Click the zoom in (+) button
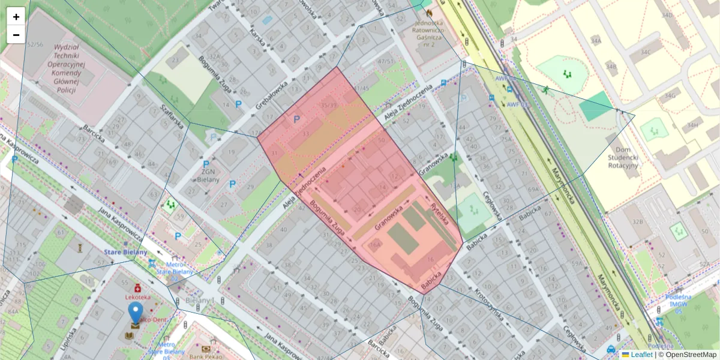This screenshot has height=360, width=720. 16,16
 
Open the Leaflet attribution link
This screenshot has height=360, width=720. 641,355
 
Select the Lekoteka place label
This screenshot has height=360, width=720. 138,296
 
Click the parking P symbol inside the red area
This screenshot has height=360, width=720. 296,119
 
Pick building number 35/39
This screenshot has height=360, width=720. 328,106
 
